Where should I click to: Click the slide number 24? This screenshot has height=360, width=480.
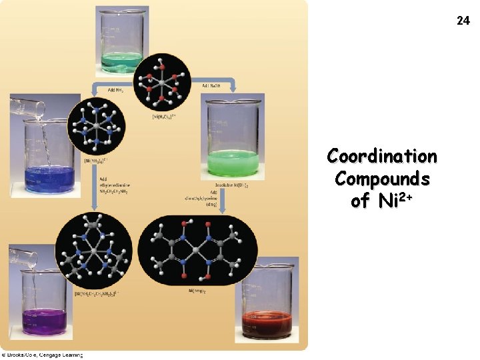[463, 21]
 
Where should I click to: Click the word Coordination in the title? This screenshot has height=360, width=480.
[382, 157]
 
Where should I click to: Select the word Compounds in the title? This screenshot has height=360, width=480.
[382, 179]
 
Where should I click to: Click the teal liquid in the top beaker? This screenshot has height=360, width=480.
[121, 61]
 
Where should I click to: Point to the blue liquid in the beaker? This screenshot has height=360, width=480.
[49, 180]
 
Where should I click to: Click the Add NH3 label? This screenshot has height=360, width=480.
[106, 89]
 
